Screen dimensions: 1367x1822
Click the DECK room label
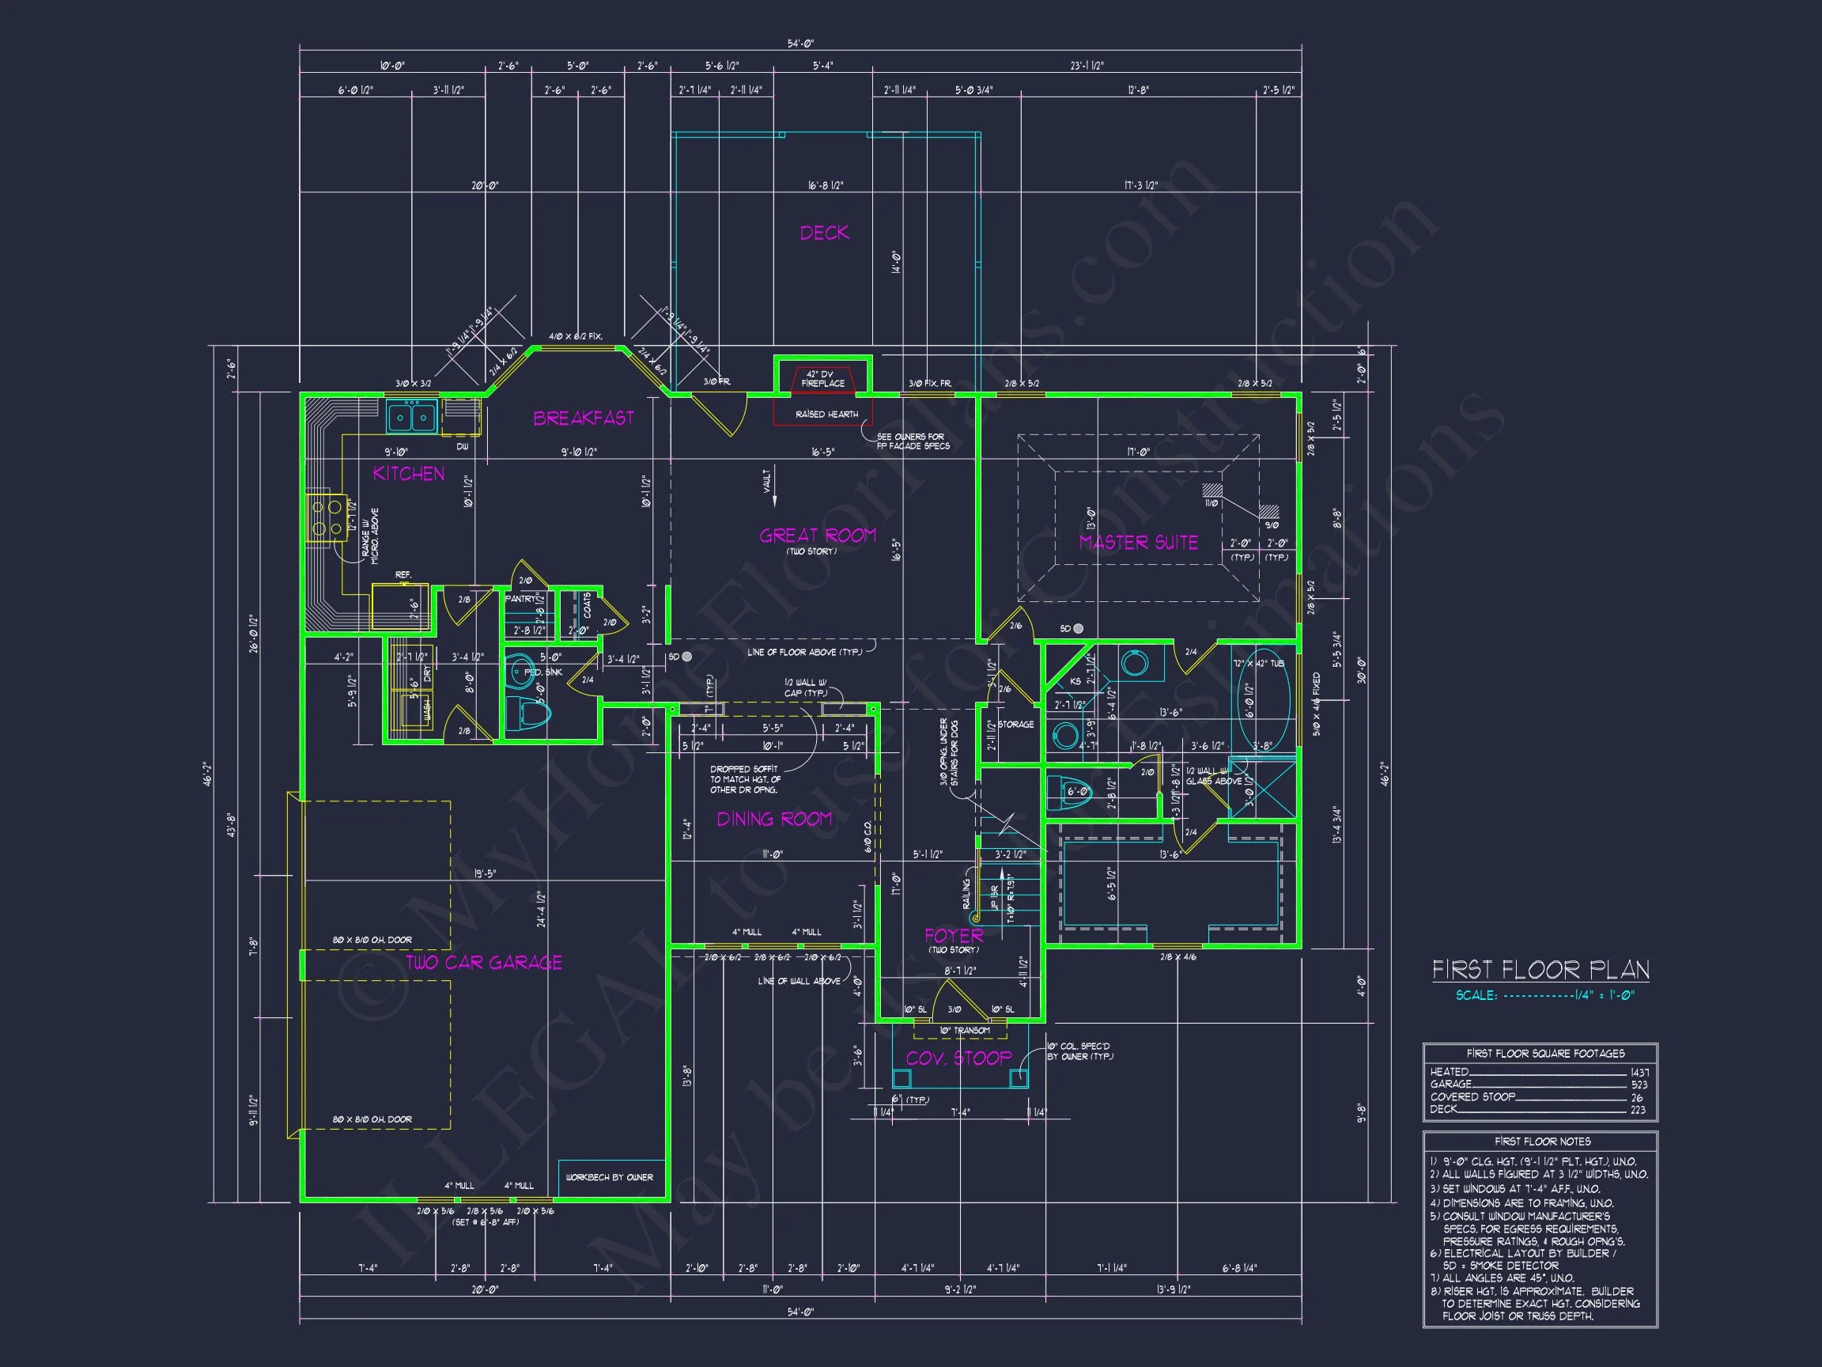point(824,233)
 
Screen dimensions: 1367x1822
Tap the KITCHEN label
point(409,474)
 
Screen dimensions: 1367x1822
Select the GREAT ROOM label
point(817,536)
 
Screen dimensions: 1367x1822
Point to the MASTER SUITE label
point(1138,542)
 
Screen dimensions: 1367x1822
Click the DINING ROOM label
point(774,819)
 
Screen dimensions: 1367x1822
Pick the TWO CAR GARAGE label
point(484,963)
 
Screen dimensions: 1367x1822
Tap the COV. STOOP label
point(958,1058)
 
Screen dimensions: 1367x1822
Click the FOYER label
point(954,935)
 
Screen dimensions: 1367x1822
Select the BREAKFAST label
point(583,418)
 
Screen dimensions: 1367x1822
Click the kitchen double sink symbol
point(412,417)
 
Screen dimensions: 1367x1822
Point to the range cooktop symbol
point(326,517)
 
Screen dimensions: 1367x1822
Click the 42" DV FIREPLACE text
point(823,379)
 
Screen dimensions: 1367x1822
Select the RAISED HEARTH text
point(826,415)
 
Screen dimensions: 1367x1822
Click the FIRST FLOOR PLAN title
point(1540,970)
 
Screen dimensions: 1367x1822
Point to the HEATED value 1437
point(1639,1073)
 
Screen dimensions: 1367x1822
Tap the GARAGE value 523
point(1639,1085)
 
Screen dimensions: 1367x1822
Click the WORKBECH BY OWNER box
point(610,1177)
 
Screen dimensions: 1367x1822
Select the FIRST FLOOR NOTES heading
point(1542,1142)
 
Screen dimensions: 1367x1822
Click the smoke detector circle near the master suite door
point(1078,629)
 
